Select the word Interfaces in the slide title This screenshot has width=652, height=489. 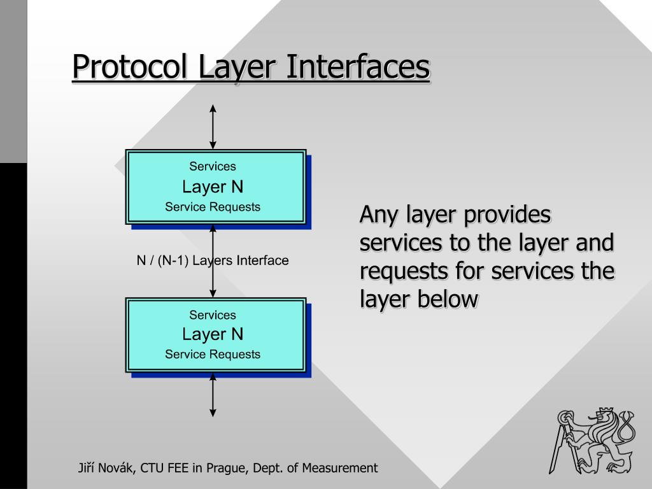tap(357, 67)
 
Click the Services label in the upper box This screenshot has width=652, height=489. tap(213, 166)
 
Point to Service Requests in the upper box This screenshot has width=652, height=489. tap(213, 206)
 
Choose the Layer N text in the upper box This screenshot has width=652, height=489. tap(213, 187)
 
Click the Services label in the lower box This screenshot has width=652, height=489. tap(213, 315)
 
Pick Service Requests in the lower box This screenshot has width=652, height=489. tap(213, 354)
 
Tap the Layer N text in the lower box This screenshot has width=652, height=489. tap(213, 334)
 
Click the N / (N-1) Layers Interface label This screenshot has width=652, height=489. tap(213, 260)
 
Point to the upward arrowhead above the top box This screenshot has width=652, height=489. tap(213, 109)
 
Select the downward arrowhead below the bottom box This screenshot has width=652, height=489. tap(213, 413)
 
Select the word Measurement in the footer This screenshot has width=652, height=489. tap(339, 468)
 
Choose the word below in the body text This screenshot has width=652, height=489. tap(447, 298)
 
